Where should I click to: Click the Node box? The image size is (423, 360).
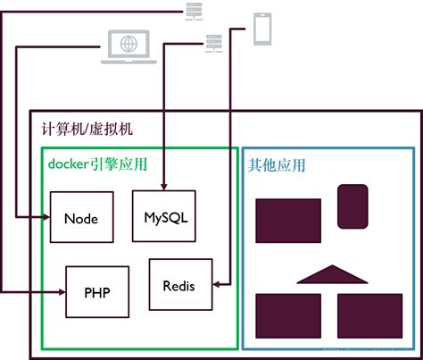pyautogui.click(x=80, y=218)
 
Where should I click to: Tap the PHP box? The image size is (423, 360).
pyautogui.click(x=97, y=291)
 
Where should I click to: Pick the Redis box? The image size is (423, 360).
pyautogui.click(x=178, y=285)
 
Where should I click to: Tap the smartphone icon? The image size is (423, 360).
pyautogui.click(x=261, y=29)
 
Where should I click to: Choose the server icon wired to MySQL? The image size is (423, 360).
pyautogui.click(x=213, y=41)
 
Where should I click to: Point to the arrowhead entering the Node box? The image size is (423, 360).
pyautogui.click(x=45, y=218)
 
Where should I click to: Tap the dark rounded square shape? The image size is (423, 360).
pyautogui.click(x=352, y=205)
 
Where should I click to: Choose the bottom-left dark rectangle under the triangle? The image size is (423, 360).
pyautogui.click(x=288, y=314)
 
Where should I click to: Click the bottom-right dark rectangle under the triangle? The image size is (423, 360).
pyautogui.click(x=369, y=314)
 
